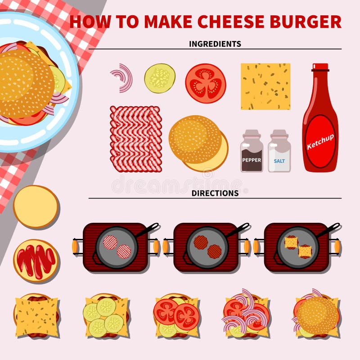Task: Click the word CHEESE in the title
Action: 229,22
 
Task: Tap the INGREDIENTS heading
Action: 215,44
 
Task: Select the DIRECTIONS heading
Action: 215,193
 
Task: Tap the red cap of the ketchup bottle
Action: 320,67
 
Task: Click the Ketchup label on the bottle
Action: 320,140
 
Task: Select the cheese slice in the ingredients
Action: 265,86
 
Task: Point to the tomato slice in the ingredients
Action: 205,83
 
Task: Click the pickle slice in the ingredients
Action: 159,78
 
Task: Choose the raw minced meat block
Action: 135,132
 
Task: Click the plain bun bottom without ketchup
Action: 36,207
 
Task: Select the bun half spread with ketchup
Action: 36,261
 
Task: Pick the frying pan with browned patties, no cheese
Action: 207,247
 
